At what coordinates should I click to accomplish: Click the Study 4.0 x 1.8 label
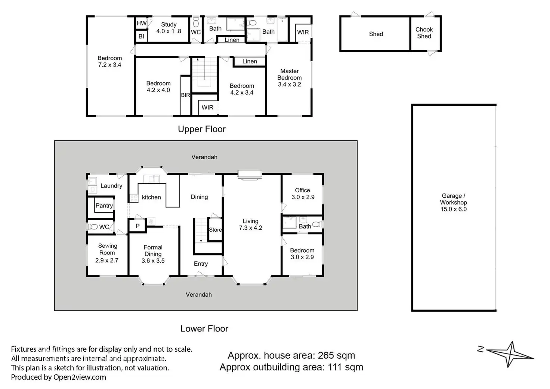click(169, 28)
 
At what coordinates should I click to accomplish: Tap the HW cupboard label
click(142, 23)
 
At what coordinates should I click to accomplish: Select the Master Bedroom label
click(290, 78)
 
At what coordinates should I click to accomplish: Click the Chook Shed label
click(424, 33)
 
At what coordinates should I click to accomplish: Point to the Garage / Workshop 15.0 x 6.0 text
click(454, 203)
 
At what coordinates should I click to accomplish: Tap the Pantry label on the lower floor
click(104, 206)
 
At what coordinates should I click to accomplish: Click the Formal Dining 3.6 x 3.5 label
click(153, 254)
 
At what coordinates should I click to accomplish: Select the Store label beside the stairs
click(215, 229)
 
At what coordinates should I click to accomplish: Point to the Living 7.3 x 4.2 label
click(250, 225)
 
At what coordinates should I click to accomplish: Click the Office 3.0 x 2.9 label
click(303, 194)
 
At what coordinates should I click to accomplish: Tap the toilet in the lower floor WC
click(93, 227)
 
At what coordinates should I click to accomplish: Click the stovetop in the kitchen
click(134, 198)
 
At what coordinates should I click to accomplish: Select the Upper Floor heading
click(202, 129)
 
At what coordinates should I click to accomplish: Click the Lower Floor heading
click(204, 328)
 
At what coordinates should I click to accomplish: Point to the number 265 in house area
click(326, 355)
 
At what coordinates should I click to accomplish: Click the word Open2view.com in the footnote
click(80, 377)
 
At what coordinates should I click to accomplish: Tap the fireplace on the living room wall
click(250, 175)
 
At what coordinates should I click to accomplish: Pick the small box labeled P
click(137, 225)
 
